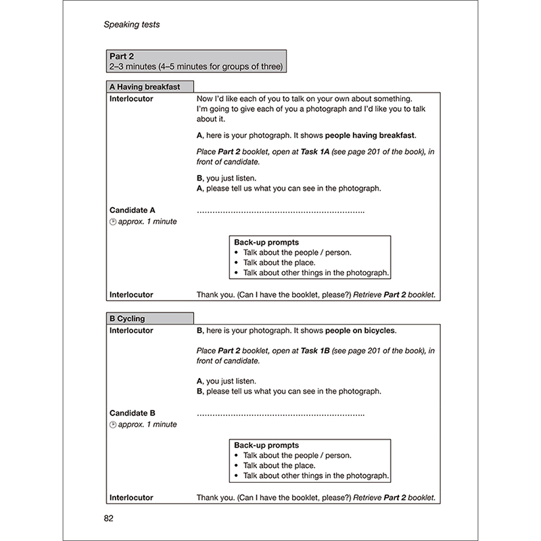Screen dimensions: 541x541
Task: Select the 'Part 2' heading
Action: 122,56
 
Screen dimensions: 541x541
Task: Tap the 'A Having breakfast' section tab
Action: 144,87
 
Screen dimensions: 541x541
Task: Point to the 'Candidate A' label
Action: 133,210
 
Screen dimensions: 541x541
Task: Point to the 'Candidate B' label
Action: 133,413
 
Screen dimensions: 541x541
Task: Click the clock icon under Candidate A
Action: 113,222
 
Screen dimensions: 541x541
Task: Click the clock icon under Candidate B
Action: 113,425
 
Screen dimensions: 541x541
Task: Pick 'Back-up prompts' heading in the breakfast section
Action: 266,242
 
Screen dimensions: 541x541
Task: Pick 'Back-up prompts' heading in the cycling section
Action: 266,446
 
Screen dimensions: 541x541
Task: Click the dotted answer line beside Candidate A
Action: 281,212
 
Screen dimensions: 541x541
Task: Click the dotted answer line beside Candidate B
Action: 281,414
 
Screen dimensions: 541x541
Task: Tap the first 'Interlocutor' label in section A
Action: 131,99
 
